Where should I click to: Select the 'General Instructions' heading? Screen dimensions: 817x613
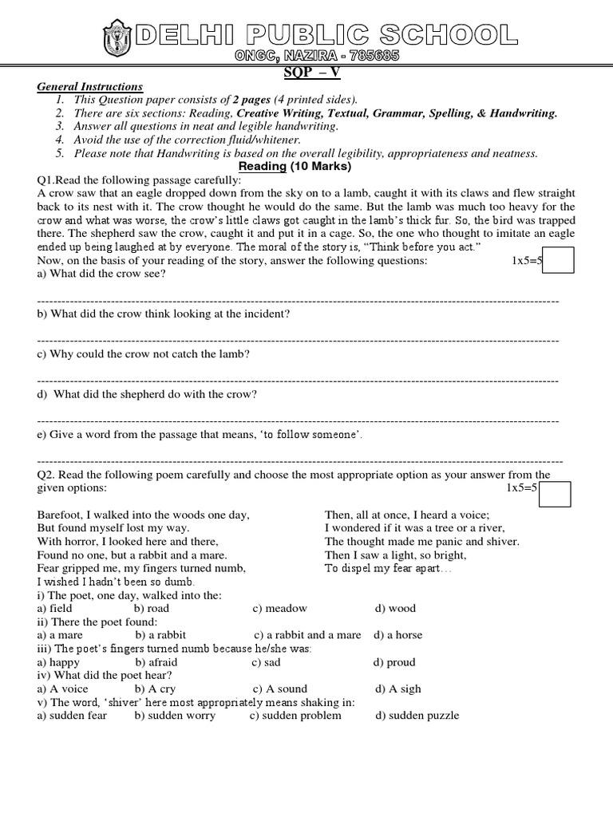[89, 86]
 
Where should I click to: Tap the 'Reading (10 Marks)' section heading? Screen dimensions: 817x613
[306, 166]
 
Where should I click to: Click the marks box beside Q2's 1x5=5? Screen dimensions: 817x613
[555, 494]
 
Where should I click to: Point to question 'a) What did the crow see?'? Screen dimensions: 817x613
[101, 274]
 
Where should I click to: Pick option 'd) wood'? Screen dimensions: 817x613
[395, 608]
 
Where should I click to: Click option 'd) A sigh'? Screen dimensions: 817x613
[397, 689]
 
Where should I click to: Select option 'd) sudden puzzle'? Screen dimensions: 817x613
[417, 716]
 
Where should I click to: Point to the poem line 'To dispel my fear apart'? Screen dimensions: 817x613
[388, 569]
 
